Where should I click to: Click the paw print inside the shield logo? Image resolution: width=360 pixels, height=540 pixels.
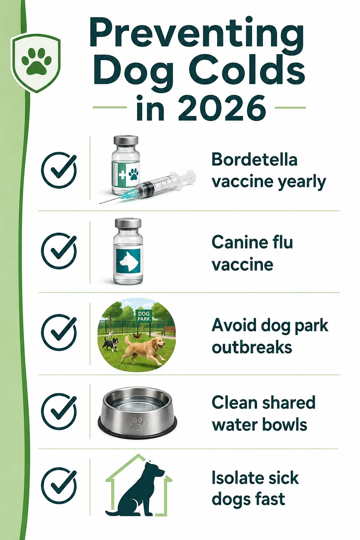[37, 61]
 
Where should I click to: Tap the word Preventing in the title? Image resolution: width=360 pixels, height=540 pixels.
[196, 33]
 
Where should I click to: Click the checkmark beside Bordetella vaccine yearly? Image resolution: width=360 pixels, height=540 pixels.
[59, 170]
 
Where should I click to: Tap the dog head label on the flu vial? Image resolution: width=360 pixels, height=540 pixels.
[128, 261]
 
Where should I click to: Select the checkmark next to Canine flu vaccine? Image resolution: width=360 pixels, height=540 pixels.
[59, 251]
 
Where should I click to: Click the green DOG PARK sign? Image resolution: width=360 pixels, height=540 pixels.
[144, 316]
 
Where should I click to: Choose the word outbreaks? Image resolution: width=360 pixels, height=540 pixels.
[252, 347]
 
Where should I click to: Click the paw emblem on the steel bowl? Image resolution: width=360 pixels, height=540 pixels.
[137, 424]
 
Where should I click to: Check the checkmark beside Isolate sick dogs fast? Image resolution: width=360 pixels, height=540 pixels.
[59, 486]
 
